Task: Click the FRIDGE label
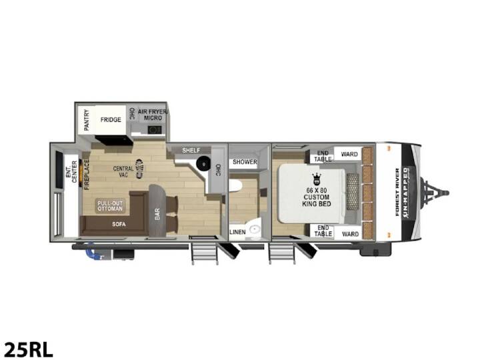(111, 120)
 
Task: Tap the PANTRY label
(87, 120)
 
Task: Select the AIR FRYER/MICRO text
(153, 115)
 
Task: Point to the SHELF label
(191, 150)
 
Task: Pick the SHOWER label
(245, 162)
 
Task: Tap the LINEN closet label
(237, 232)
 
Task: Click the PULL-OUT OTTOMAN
(110, 206)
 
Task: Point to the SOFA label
(119, 225)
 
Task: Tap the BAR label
(157, 214)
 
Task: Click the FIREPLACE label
(87, 175)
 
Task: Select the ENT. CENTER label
(71, 172)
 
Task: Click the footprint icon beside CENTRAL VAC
(139, 169)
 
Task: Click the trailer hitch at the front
(435, 193)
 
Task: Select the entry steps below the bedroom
(282, 253)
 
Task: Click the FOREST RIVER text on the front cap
(397, 192)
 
